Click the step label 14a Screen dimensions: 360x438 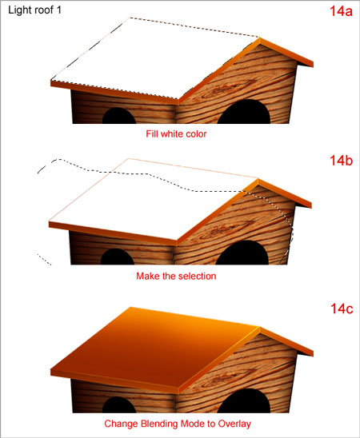point(341,11)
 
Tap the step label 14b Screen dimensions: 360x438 point(342,161)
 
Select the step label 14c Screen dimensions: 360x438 point(342,309)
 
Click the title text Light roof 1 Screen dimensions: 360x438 point(34,10)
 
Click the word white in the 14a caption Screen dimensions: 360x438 point(170,133)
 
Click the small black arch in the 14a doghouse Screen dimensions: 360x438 point(119,116)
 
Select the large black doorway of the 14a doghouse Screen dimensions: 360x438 point(244,112)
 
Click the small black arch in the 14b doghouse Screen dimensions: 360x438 point(118,257)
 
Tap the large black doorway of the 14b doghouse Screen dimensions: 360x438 point(242,253)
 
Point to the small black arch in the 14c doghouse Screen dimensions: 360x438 point(119,404)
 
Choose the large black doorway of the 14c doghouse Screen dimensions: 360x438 point(244,400)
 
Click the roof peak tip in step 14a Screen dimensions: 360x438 point(259,38)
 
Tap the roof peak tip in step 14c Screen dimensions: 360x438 point(259,326)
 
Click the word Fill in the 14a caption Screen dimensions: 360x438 point(152,133)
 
